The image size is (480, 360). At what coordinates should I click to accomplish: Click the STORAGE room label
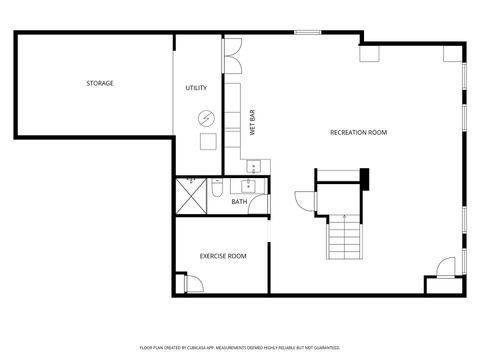pyautogui.click(x=98, y=83)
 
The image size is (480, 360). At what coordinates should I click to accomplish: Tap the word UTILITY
pyautogui.click(x=196, y=88)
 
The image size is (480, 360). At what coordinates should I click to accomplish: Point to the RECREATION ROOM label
pyautogui.click(x=358, y=132)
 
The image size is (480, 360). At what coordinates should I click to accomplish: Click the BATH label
pyautogui.click(x=239, y=202)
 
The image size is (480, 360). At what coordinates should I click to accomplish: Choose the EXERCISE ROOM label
pyautogui.click(x=223, y=256)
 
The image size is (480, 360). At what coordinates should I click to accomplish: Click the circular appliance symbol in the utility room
pyautogui.click(x=206, y=116)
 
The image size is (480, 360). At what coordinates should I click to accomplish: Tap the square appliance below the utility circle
pyautogui.click(x=206, y=141)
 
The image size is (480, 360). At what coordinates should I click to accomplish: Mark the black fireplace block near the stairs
pyautogui.click(x=366, y=178)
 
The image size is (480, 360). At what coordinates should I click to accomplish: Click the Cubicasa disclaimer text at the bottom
pyautogui.click(x=239, y=347)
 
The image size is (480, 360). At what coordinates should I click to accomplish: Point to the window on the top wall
pyautogui.click(x=307, y=33)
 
